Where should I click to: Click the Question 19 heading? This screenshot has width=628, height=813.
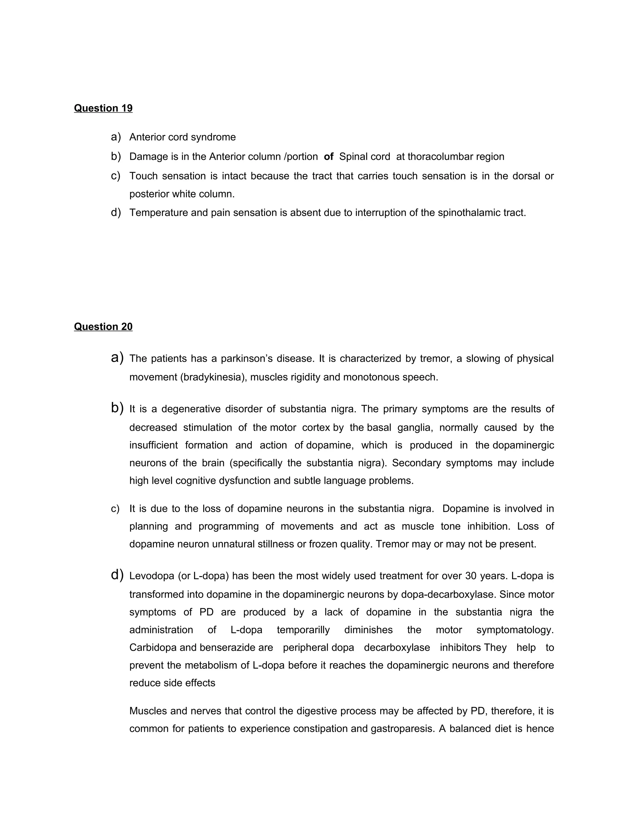(x=103, y=108)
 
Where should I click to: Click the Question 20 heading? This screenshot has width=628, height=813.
(x=103, y=326)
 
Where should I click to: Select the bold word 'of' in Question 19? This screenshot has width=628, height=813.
(x=328, y=156)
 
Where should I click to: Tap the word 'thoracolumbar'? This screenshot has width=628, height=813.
(x=437, y=156)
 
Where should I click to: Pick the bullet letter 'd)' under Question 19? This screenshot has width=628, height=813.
(x=116, y=213)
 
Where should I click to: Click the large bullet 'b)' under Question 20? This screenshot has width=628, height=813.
(x=117, y=408)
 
